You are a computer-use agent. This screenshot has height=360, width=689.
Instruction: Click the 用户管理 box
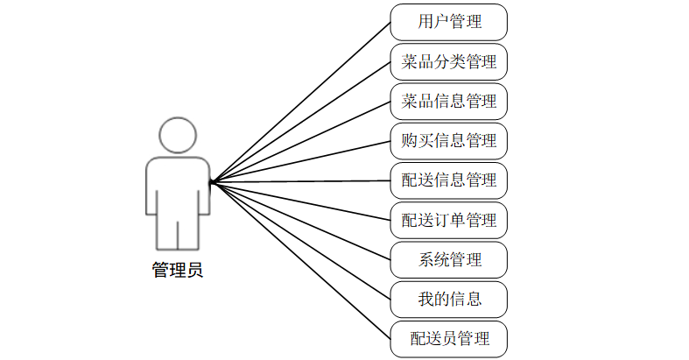pos(449,22)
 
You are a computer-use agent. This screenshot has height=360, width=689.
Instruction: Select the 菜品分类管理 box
pos(449,62)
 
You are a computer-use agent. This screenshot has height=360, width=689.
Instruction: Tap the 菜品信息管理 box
pos(449,102)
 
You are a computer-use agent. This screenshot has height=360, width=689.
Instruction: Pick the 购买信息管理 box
pos(449,141)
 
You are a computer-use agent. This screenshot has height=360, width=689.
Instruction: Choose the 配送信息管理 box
pos(449,180)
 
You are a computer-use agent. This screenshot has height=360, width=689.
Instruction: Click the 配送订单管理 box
pos(449,220)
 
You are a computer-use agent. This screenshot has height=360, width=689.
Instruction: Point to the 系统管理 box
pos(449,259)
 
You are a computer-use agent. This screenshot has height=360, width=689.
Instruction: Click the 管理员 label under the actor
pos(178,271)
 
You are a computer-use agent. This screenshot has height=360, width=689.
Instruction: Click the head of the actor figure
pos(178,136)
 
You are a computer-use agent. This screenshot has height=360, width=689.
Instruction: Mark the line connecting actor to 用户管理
pos(300,102)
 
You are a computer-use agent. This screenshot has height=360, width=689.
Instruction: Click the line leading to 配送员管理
pos(300,260)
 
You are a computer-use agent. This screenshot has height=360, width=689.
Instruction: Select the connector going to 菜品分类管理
pos(300,122)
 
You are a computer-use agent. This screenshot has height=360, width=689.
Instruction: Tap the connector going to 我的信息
pos(300,241)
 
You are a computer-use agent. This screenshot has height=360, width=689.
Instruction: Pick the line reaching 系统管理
pos(300,221)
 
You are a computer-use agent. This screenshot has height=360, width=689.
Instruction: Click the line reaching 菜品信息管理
pos(300,142)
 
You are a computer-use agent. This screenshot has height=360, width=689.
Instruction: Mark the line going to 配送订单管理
pos(300,201)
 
